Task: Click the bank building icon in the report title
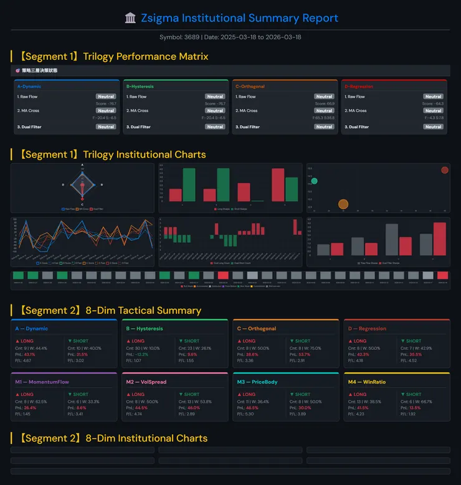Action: click(x=130, y=18)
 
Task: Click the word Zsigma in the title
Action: click(x=158, y=18)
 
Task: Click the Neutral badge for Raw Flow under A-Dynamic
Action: click(x=105, y=97)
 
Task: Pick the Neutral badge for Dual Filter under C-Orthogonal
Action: click(x=324, y=126)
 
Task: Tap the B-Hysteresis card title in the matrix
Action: click(x=140, y=87)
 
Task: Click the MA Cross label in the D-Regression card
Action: click(x=357, y=111)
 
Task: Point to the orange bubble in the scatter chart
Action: click(x=343, y=204)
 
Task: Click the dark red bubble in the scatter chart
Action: click(x=444, y=170)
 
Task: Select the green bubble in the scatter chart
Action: click(x=314, y=181)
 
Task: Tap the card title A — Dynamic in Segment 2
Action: click(x=32, y=329)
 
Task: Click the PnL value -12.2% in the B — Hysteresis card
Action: click(x=142, y=354)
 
